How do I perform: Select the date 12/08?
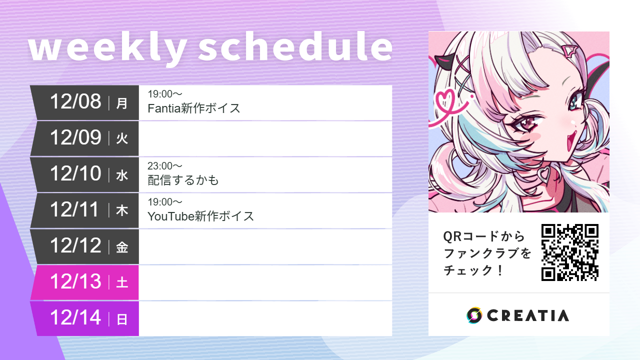point(75,101)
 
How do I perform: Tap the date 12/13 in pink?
point(75,282)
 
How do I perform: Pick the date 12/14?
point(75,318)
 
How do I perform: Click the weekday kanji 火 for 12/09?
point(122,138)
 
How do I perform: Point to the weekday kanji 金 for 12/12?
point(122,247)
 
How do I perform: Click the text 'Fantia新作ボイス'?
point(194,108)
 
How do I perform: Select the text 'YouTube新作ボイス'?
point(201,216)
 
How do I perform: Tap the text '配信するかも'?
point(183,180)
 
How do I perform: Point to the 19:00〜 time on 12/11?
point(165,202)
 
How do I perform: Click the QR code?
point(570,252)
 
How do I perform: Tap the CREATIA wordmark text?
point(527,315)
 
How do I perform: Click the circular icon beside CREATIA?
point(474,315)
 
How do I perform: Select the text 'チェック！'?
point(473,270)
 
